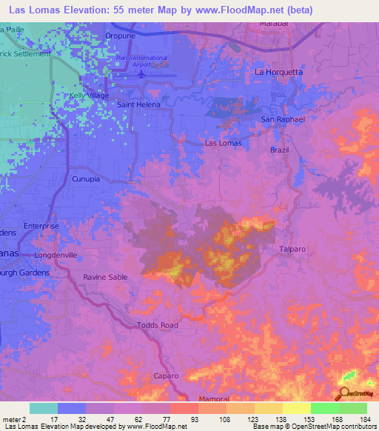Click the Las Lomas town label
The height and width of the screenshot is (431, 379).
222,143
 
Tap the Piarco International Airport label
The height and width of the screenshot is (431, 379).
141,61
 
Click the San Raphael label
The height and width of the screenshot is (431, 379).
284,118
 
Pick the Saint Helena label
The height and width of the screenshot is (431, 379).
138,105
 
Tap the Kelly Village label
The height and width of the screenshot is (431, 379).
89,96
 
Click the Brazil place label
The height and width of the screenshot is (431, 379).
280,150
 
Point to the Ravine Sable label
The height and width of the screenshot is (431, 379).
105,277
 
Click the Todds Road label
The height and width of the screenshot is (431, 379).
158,325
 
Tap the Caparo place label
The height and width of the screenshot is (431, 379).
166,375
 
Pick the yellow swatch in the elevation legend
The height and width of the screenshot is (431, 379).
296,408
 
